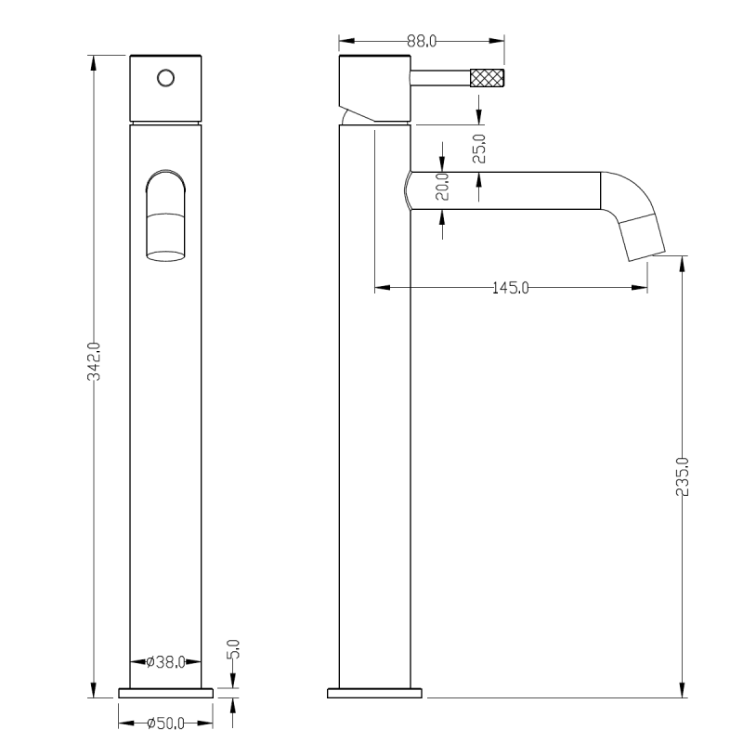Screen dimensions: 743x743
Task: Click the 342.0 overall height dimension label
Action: tap(95, 361)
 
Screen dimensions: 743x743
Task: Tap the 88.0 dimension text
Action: tap(422, 41)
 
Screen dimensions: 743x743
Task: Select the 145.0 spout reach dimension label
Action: tap(510, 287)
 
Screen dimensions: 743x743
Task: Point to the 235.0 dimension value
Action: tap(682, 476)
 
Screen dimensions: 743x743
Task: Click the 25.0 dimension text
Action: tap(479, 149)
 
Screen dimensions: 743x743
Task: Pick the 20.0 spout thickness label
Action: tap(442, 187)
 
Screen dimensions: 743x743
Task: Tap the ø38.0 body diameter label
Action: tap(165, 661)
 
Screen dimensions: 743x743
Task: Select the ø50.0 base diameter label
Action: tap(165, 723)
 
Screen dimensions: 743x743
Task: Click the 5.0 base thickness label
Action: tap(234, 648)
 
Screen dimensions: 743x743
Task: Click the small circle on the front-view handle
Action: tap(166, 78)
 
